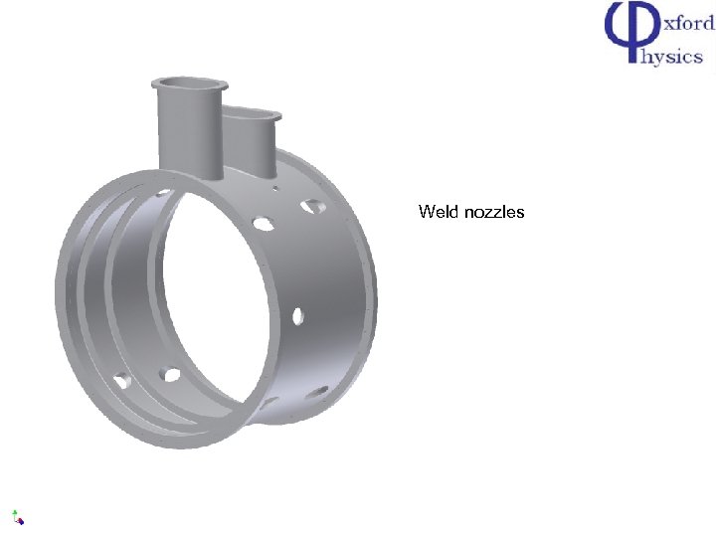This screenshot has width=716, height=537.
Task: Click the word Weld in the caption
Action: [439, 212]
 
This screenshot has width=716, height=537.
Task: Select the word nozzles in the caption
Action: [494, 212]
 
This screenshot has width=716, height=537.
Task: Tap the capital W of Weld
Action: [426, 212]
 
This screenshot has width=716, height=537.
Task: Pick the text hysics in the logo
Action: [673, 56]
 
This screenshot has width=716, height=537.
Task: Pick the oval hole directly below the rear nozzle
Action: [264, 224]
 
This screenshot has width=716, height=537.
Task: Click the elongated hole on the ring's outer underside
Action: [319, 391]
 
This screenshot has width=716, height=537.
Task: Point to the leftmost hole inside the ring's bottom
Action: [123, 380]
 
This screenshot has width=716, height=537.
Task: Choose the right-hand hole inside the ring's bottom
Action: [171, 375]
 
